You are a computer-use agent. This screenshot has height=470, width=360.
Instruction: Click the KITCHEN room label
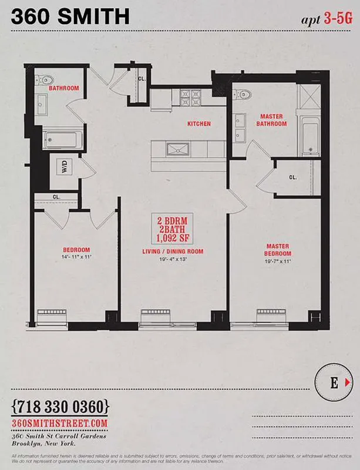198,124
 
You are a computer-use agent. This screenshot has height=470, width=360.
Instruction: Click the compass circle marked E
334,384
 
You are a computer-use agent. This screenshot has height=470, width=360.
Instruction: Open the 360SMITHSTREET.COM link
60,423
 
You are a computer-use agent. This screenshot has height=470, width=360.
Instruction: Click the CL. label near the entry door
142,78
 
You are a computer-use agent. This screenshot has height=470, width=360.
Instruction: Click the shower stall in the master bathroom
307,96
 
